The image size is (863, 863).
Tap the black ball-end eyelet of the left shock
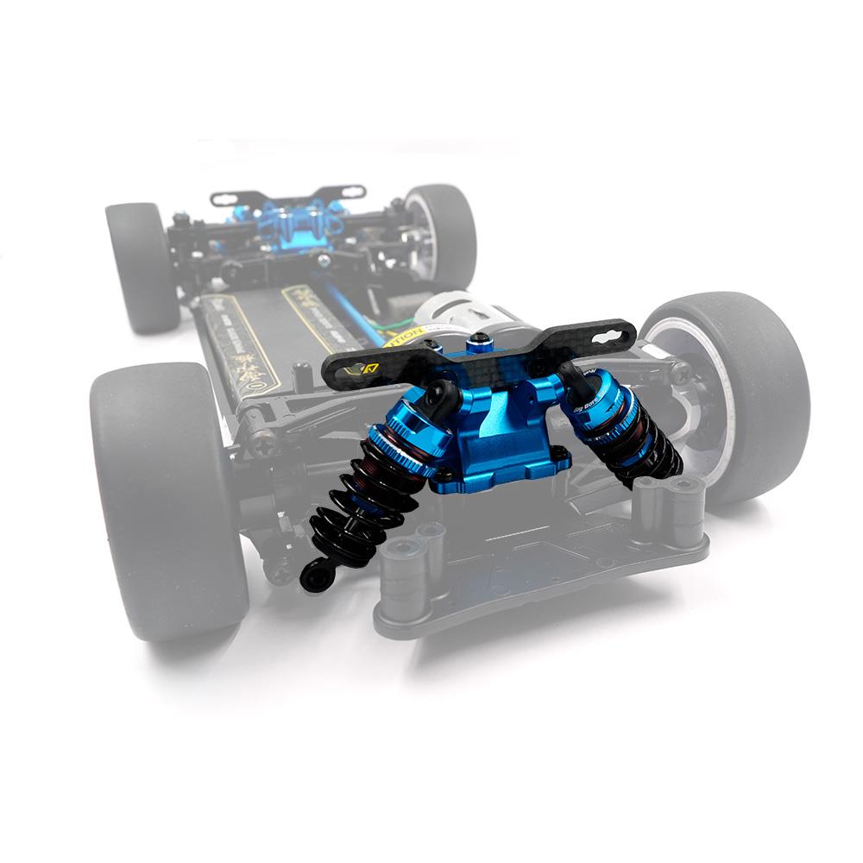point(315,576)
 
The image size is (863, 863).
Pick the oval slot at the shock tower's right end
point(614,331)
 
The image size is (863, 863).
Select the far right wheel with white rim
point(440,233)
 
